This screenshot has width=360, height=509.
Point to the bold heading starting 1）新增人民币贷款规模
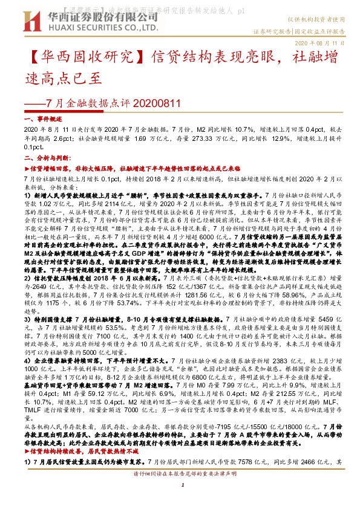(x=121, y=196)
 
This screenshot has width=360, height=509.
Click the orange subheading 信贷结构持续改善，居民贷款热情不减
(x=91, y=450)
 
